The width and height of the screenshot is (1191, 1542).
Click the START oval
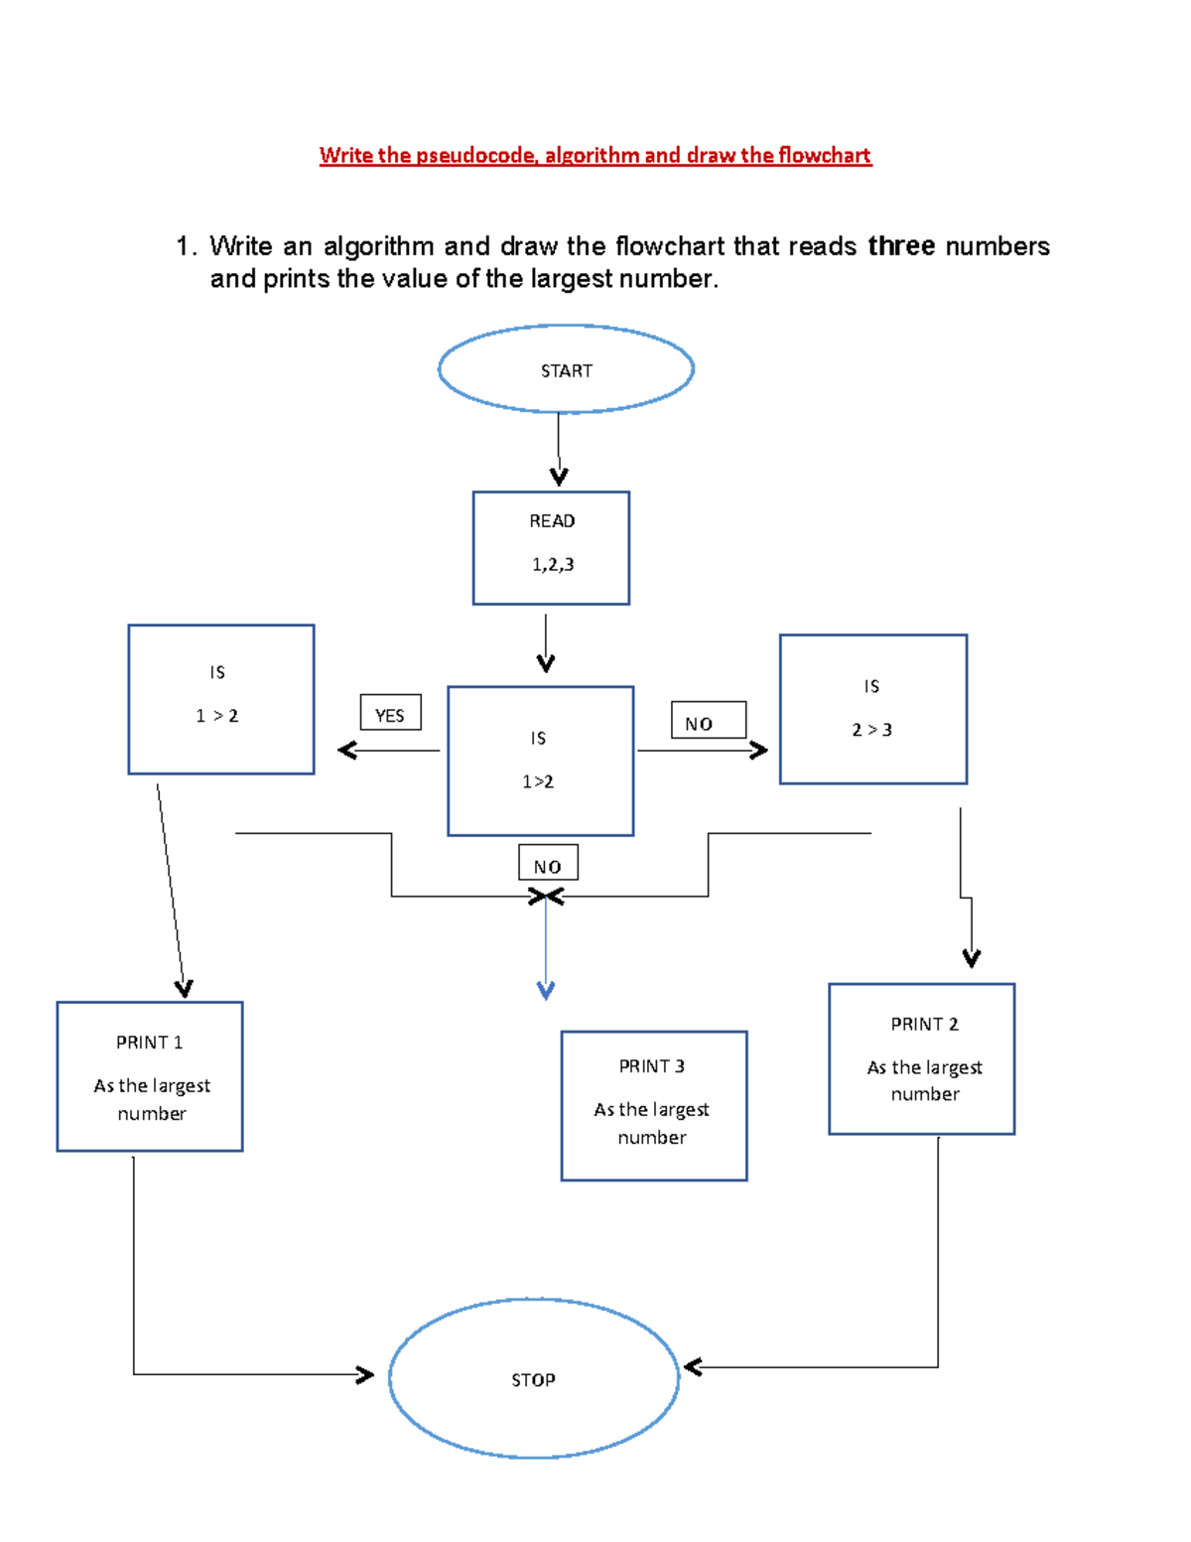pos(566,368)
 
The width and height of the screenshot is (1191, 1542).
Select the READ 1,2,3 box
pos(551,547)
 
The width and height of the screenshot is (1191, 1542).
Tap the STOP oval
pos(534,1378)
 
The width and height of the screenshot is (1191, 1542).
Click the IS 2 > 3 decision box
pos(872,709)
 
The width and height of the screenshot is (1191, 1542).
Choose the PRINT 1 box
pos(150,1076)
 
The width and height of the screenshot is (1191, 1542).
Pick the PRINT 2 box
pos(921,1058)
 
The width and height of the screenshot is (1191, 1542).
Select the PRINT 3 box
pos(653,1105)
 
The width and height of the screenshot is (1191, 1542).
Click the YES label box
pos(390,713)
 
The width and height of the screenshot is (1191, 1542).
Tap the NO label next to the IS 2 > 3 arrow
pos(708,721)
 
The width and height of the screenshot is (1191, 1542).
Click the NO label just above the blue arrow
pos(548,863)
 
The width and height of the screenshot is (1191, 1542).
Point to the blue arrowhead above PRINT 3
pos(545,990)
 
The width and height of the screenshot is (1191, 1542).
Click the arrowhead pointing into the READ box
pos(559,478)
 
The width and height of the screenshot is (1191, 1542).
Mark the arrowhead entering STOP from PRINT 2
pos(693,1367)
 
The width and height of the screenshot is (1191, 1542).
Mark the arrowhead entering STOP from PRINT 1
pos(365,1374)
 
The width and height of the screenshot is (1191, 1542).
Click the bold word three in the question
pos(900,245)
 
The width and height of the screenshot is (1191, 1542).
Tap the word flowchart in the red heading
pos(824,155)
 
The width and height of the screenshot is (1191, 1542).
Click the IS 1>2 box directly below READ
pos(540,761)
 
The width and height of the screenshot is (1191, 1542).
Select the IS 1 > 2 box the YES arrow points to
pos(220,699)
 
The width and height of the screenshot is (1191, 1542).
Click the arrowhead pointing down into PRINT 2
pos(971,958)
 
